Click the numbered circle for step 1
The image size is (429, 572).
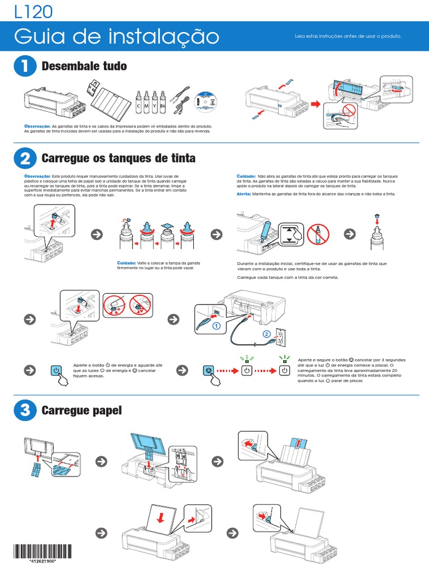click(x=25, y=66)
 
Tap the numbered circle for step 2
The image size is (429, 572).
click(x=25, y=159)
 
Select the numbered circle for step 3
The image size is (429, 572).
click(x=25, y=411)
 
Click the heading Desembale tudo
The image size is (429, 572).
click(x=84, y=66)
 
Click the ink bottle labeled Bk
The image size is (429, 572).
click(x=162, y=100)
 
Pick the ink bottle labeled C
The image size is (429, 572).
click(x=138, y=100)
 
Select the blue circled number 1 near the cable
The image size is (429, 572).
click(x=216, y=325)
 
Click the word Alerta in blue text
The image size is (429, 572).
click(x=245, y=193)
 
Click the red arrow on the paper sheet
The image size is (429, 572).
click(x=161, y=518)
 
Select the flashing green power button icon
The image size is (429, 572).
click(x=246, y=370)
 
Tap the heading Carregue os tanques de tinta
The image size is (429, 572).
click(x=118, y=159)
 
